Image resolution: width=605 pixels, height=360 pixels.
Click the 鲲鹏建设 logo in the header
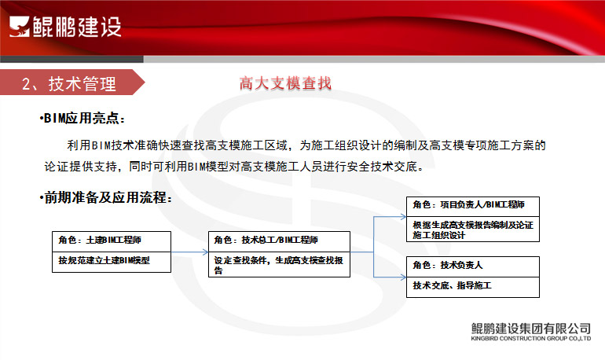coord(65,27)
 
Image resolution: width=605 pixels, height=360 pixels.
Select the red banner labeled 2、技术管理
coord(72,83)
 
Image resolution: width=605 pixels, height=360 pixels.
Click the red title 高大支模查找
coord(285,83)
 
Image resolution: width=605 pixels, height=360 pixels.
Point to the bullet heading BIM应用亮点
coord(82,118)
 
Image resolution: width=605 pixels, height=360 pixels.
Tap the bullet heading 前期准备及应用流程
coord(106,197)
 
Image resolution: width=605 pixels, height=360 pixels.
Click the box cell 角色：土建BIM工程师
coord(112,241)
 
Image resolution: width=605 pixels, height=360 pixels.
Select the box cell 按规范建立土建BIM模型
coord(112,263)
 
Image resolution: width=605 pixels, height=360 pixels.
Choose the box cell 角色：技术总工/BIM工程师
coord(279,241)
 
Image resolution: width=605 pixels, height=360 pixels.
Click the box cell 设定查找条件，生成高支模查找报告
coord(279,265)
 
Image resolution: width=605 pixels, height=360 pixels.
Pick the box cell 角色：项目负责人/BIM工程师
coord(473,207)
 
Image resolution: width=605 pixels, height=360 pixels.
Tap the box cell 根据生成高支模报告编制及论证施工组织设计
coord(473,230)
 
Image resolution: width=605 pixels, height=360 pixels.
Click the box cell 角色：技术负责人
coord(473,266)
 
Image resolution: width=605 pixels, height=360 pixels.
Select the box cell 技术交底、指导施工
coord(473,287)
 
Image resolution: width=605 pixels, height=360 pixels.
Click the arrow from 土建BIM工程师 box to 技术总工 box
coord(189,252)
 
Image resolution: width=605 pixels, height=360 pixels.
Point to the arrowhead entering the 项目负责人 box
coord(403,217)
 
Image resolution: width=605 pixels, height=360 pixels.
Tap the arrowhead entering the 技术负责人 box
coord(403,277)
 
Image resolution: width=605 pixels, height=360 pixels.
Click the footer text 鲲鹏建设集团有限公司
coord(530,329)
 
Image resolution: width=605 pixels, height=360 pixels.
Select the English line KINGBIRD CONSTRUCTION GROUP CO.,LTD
coord(530,339)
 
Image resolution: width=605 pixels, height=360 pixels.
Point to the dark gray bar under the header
coord(71,59)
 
